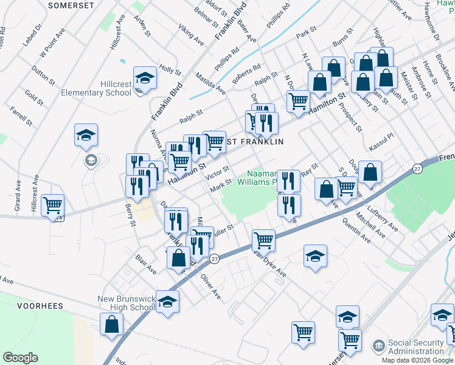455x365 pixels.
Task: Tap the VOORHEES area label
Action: (x=40, y=305)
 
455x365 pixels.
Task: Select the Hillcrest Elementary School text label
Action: (x=96, y=88)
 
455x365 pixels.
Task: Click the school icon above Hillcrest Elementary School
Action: (x=145, y=78)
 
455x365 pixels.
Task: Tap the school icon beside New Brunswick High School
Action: (x=167, y=301)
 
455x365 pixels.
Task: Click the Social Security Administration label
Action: (x=416, y=347)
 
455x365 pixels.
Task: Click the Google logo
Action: (x=20, y=357)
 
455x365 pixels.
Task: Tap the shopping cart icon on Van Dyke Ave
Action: (x=263, y=240)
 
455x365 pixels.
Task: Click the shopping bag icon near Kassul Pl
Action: (x=370, y=172)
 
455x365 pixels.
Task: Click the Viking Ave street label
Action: (x=190, y=35)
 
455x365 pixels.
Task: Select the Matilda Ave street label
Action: (x=210, y=84)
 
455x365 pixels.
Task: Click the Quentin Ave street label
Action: (x=356, y=232)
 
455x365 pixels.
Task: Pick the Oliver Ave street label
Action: (x=210, y=286)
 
